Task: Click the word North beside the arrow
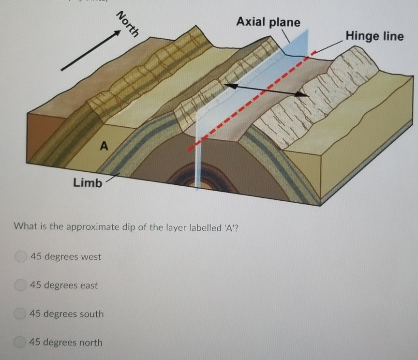click(128, 24)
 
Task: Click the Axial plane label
click(268, 22)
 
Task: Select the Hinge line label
click(374, 36)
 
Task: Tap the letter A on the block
click(103, 145)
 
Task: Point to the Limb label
click(88, 183)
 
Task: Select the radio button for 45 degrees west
click(20, 256)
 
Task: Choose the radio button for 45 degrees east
click(20, 285)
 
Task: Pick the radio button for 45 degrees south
click(20, 314)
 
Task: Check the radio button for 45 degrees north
click(20, 342)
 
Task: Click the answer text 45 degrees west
click(65, 256)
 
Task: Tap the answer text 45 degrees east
click(64, 285)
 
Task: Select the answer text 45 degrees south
click(67, 314)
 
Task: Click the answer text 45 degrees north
click(66, 342)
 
